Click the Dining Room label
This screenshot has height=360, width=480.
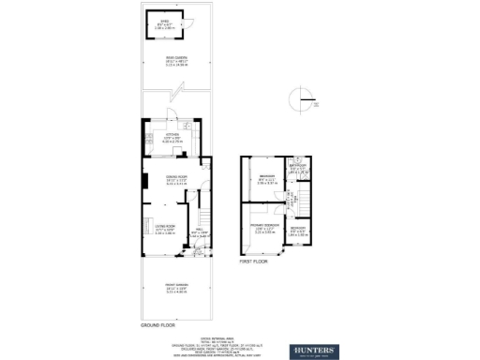pos(172,181)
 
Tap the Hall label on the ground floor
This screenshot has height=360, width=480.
pos(198,233)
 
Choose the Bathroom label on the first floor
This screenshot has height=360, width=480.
pos(297,170)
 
